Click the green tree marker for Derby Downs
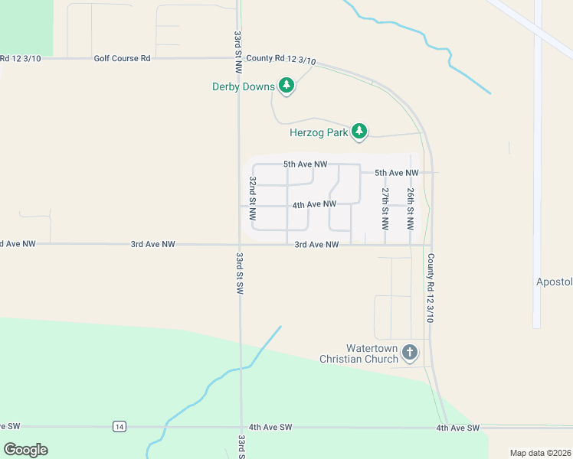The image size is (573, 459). click(286, 85)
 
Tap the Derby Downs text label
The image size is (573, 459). click(243, 86)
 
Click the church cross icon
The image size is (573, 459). click(410, 353)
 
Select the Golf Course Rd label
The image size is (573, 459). click(123, 58)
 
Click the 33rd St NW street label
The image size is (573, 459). click(238, 47)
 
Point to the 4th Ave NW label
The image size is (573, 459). click(314, 204)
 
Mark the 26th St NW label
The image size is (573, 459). click(411, 208)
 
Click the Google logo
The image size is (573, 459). click(25, 449)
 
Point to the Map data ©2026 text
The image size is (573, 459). click(540, 453)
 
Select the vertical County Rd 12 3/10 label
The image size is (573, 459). click(431, 288)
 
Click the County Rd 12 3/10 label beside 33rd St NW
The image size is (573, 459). click(281, 59)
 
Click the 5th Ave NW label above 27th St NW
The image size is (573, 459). click(397, 173)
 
